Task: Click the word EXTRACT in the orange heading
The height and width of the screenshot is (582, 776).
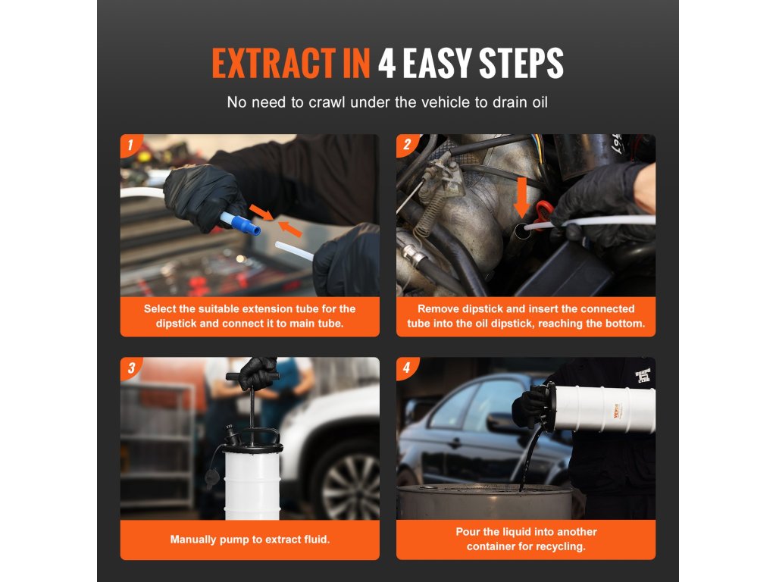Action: click(274, 64)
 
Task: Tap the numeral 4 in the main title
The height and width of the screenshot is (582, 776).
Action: click(386, 64)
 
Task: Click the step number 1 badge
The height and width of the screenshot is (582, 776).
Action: click(130, 145)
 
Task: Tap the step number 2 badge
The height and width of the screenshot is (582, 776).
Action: click(407, 145)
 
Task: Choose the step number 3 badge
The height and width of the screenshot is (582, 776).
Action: click(130, 368)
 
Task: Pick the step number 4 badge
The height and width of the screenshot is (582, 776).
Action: click(407, 368)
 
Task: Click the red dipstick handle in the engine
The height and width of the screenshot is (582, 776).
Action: click(543, 214)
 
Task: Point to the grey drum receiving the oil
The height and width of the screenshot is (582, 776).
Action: click(485, 502)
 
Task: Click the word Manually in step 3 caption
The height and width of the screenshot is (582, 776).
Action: click(191, 540)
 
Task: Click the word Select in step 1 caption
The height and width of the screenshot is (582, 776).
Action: click(159, 309)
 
